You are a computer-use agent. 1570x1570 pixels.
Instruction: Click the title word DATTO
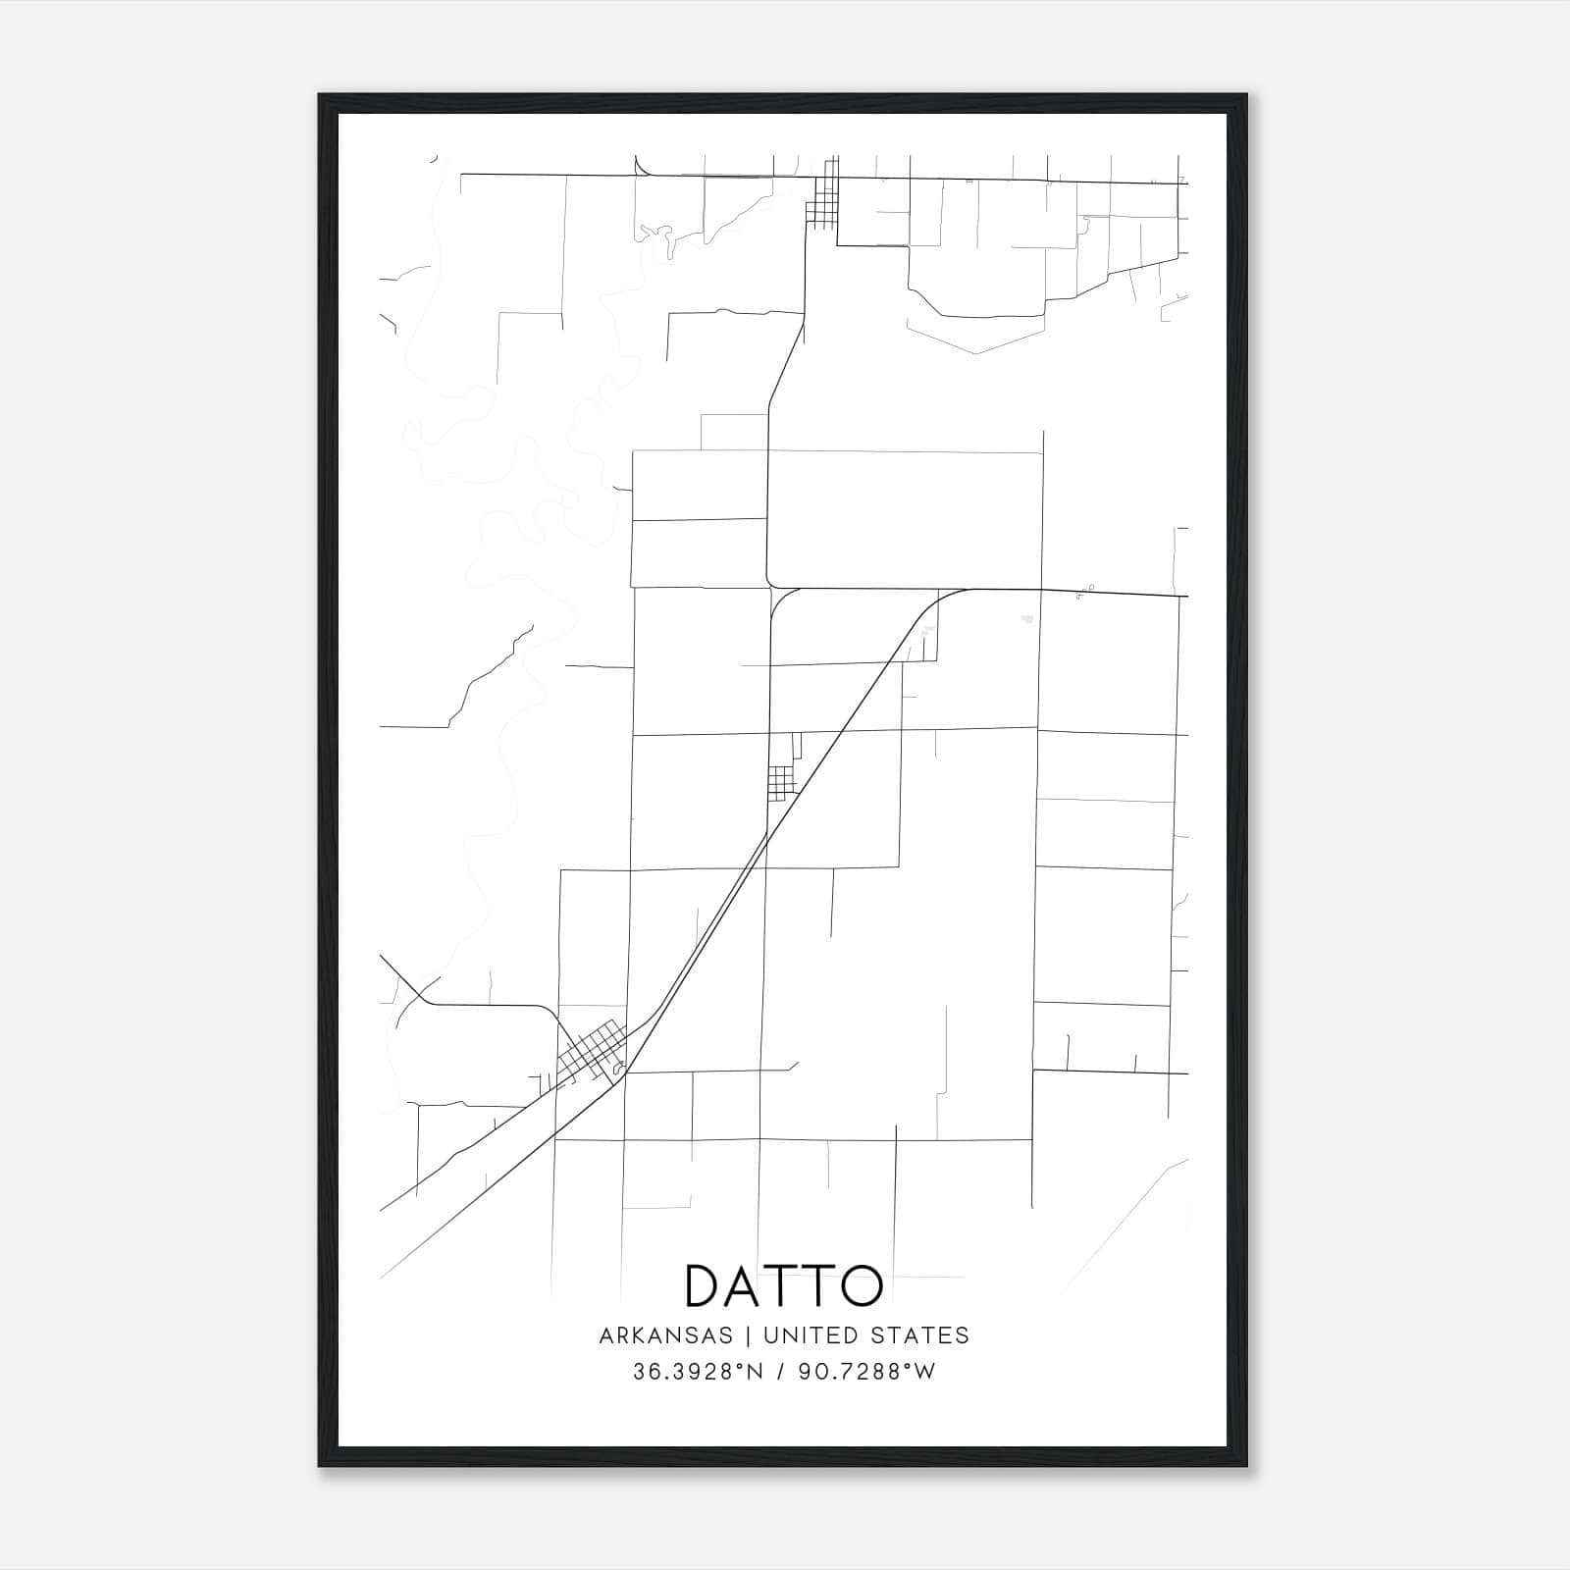(784, 1285)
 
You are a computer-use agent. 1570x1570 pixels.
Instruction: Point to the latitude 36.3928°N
(698, 1372)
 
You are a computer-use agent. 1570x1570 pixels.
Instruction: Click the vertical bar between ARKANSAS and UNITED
(747, 1335)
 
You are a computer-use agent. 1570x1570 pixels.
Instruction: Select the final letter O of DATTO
(861, 1285)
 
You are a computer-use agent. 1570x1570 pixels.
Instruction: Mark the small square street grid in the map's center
(781, 783)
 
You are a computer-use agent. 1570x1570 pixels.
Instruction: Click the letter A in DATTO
(746, 1285)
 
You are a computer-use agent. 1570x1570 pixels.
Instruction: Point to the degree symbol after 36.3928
(743, 1367)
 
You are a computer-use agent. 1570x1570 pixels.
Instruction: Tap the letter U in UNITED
(770, 1335)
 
